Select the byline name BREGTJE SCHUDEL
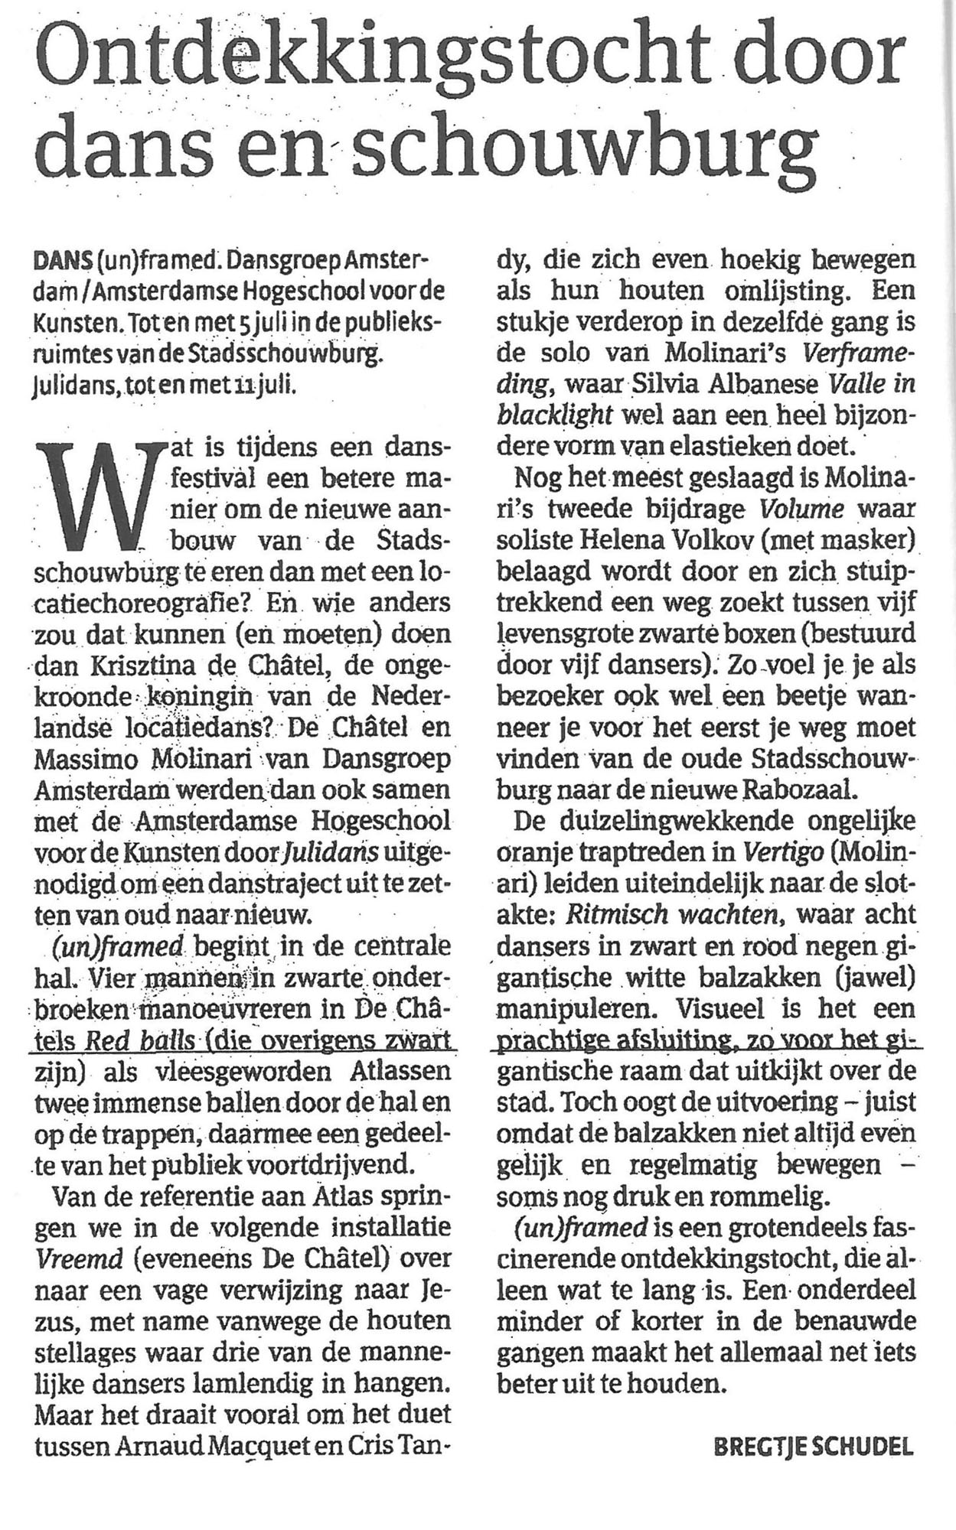(814, 1447)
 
